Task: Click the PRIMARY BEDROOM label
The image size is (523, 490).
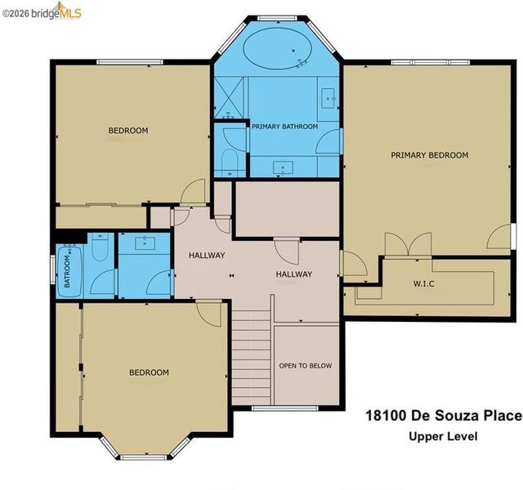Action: [429, 155]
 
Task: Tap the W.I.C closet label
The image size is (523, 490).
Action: [423, 284]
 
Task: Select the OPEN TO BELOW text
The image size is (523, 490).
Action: [305, 366]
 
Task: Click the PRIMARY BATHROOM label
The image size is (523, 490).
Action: [284, 127]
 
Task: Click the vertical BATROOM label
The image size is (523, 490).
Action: [67, 271]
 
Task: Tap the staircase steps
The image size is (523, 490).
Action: [251, 357]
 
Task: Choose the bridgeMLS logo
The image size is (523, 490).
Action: [42, 11]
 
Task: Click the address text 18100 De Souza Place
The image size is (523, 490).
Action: [444, 416]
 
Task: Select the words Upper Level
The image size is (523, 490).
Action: [443, 436]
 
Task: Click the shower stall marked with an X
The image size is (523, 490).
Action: [229, 97]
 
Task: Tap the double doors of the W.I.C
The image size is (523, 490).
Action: [409, 244]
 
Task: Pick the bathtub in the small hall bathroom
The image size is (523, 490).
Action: [69, 270]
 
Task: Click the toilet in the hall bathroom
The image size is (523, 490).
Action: [100, 247]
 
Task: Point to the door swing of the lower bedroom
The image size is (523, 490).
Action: [208, 314]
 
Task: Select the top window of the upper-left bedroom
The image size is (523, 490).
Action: [130, 62]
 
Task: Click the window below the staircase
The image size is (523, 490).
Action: [285, 408]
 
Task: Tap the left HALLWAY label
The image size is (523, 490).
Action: [207, 256]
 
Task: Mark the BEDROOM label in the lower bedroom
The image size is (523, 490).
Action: [149, 372]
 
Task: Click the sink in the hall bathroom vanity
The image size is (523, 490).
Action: [145, 243]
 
